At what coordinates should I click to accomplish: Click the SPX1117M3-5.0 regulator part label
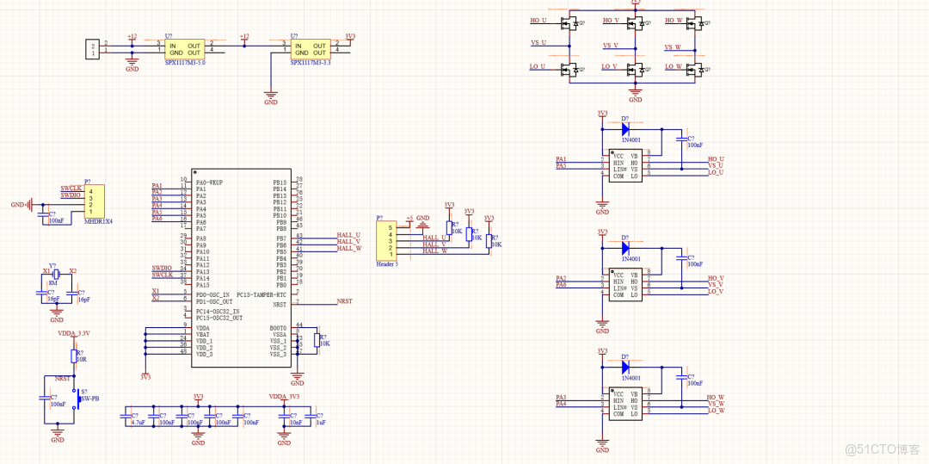coord(184,62)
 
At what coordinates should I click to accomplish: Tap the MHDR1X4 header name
coord(98,221)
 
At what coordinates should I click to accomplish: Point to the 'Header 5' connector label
coord(387,264)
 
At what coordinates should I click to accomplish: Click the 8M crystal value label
coord(53,282)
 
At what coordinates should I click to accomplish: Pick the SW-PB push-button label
coord(89,399)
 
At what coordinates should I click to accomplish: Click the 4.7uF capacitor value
coord(138,423)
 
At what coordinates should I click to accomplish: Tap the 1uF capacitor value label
coord(320,423)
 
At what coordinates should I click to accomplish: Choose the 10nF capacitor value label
coord(295,423)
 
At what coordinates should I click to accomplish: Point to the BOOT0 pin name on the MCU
coord(278,328)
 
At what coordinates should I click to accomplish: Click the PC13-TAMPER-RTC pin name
coord(261,295)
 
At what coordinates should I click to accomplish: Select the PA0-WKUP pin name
coord(209,183)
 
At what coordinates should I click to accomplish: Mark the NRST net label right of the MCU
coord(344,301)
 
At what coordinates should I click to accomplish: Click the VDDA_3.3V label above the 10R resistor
coord(74,333)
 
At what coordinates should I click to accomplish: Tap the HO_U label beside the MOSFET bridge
coord(538,20)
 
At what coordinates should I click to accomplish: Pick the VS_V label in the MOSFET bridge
coord(610,45)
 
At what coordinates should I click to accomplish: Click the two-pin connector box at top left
coord(92,48)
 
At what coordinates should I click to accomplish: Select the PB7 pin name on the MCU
coord(280,235)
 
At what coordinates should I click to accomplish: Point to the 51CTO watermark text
coord(883,449)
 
